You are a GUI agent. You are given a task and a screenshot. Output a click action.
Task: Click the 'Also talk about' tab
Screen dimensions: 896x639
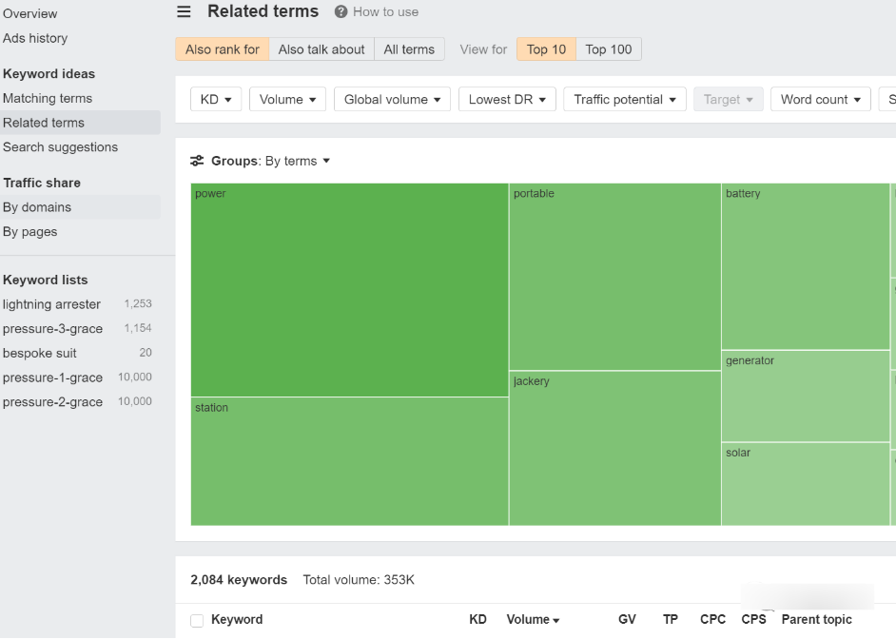click(x=321, y=49)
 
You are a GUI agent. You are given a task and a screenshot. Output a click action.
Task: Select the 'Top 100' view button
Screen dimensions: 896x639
click(x=609, y=49)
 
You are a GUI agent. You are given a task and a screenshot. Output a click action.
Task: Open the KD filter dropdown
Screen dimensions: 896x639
click(x=216, y=99)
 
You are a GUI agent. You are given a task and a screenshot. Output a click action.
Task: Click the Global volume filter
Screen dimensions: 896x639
click(x=392, y=99)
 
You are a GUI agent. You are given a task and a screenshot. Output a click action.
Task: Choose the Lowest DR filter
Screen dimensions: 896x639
click(x=507, y=99)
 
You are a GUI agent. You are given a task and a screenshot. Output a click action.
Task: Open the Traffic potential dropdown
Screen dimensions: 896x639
click(x=625, y=99)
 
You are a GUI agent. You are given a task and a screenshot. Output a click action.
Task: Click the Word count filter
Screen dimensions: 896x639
click(x=821, y=99)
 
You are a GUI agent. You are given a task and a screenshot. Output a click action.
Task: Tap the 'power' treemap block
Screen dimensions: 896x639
click(x=349, y=290)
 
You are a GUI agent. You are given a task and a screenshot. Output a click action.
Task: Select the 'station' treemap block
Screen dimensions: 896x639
click(x=349, y=461)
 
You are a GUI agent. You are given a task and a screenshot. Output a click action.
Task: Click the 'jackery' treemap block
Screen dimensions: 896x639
click(x=614, y=448)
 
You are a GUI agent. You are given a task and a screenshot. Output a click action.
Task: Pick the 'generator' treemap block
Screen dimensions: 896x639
click(x=805, y=397)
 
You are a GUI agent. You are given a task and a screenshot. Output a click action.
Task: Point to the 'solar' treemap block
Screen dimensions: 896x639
click(x=805, y=484)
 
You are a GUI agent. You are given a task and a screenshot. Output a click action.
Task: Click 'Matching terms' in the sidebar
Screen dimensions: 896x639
click(x=48, y=98)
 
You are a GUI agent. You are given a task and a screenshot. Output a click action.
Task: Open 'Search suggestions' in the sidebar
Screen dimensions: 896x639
click(x=60, y=147)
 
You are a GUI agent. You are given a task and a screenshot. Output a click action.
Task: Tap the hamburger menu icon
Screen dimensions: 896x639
click(x=184, y=11)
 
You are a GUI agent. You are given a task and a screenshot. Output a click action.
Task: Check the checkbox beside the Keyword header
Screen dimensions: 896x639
click(x=197, y=621)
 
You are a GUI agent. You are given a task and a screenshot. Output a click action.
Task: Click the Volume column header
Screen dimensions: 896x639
click(x=533, y=620)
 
